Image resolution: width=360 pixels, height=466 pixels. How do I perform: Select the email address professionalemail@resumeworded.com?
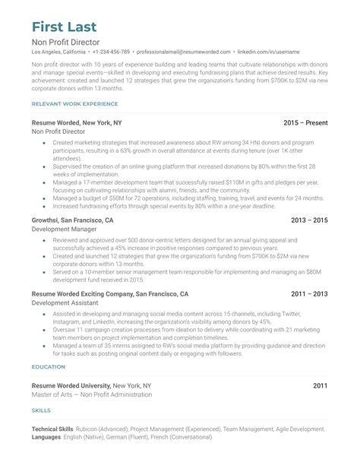(185, 52)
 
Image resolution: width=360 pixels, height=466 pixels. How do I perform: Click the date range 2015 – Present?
(305, 122)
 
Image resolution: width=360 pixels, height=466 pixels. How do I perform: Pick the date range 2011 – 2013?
(310, 293)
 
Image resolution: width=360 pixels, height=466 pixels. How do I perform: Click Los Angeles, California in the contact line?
(58, 52)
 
